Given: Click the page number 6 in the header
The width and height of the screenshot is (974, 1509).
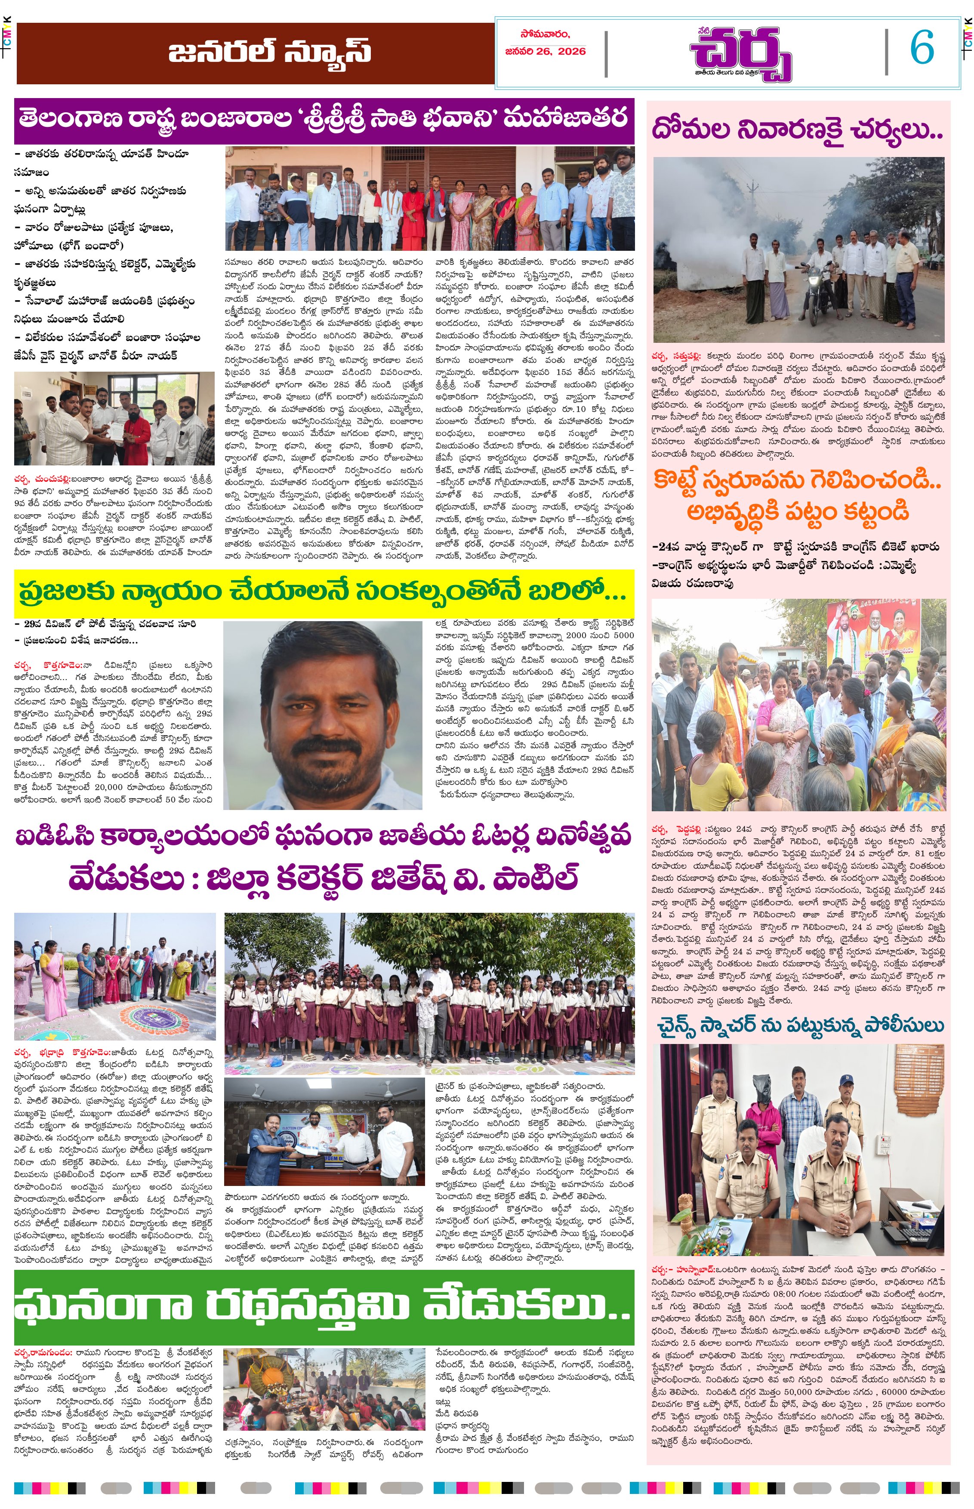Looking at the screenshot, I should tap(922, 47).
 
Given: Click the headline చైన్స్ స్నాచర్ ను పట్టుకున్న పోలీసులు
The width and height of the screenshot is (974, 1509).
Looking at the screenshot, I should tap(800, 1025).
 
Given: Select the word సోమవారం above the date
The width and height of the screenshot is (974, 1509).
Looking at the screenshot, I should tap(545, 34).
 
